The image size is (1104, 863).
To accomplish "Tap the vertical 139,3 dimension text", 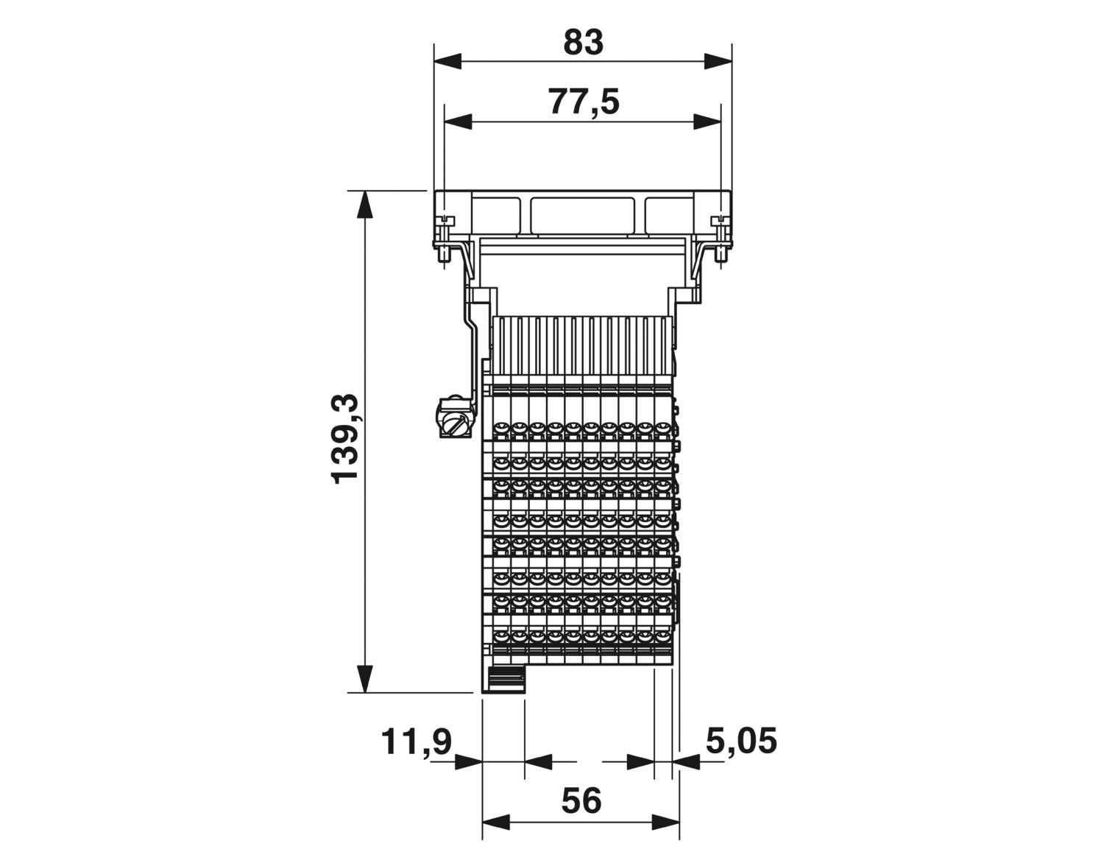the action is pos(345,438).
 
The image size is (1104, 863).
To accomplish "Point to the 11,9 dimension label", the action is pos(416,742).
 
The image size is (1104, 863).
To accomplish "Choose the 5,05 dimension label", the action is pos(741,741).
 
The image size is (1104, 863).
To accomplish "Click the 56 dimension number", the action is pos(581,801).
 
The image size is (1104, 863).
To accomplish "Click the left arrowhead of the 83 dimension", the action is pos(447,62).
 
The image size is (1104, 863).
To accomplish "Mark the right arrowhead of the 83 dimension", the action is pos(718,62).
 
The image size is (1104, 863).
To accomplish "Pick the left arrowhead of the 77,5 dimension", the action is pos(458,122).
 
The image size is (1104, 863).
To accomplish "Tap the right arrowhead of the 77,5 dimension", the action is pos(707,122).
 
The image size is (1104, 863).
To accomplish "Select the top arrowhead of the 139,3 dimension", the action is pos(365,205).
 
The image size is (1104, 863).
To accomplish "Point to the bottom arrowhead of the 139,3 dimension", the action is pos(365,678).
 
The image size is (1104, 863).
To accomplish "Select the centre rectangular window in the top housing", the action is pos(582,214).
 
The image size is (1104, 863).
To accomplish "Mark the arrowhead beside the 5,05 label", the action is pos(685,762).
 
